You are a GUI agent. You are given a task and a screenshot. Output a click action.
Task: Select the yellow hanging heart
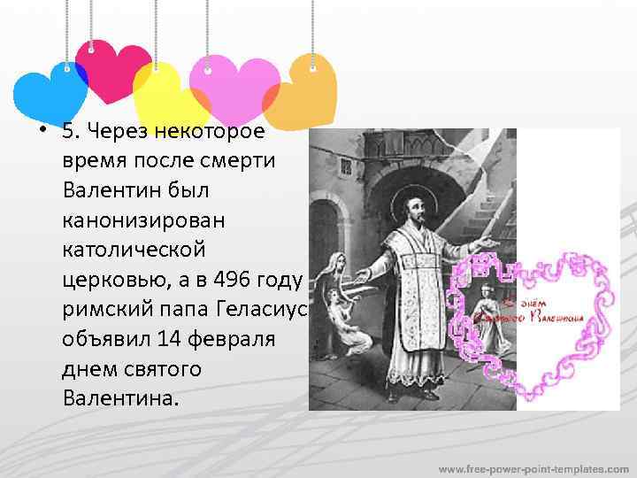[168, 93]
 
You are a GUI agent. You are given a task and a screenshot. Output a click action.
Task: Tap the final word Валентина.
[120, 397]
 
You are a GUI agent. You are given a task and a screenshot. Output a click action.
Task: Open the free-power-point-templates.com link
[534, 466]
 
